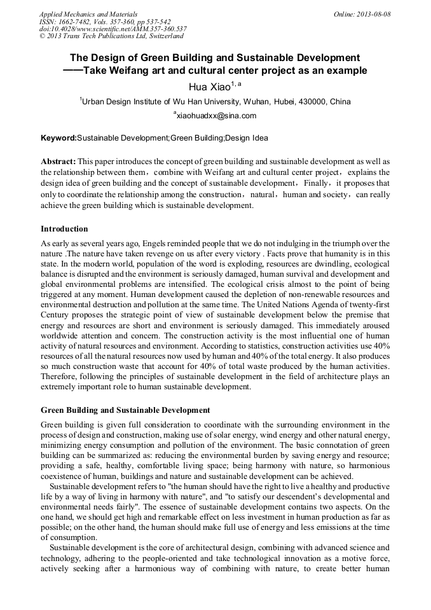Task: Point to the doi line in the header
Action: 113,29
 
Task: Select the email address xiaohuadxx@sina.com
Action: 216,116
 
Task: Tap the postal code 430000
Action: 307,102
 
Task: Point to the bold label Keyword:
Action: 58,138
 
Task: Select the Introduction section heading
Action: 64,229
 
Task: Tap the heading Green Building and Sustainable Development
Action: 125,410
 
